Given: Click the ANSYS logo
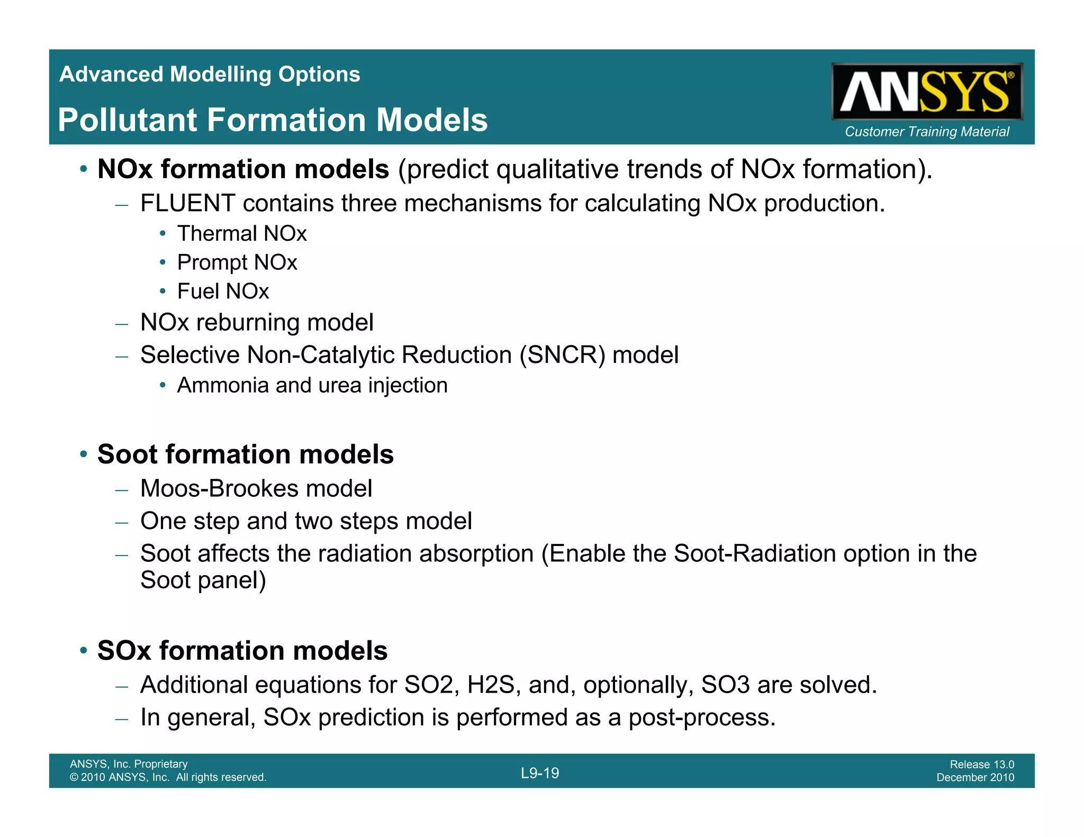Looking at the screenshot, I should pyautogui.click(x=926, y=92).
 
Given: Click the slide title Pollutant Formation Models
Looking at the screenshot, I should pyautogui.click(x=273, y=120).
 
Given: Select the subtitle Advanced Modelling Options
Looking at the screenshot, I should pyautogui.click(x=210, y=74).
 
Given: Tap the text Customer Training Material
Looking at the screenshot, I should pyautogui.click(x=926, y=131).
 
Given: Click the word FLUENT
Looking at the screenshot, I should pyautogui.click(x=187, y=203).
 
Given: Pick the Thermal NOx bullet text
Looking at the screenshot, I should pyautogui.click(x=242, y=233).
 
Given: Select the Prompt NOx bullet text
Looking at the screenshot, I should pyautogui.click(x=237, y=262).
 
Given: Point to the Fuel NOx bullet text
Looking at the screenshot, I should pyautogui.click(x=223, y=292).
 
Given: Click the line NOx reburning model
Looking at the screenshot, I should pyautogui.click(x=257, y=322).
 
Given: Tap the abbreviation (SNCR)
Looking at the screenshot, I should pyautogui.click(x=562, y=355).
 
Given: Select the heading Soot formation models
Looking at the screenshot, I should pyautogui.click(x=246, y=454).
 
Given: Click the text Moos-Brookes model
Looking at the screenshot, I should pyautogui.click(x=256, y=488).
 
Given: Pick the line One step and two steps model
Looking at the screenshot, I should pyautogui.click(x=306, y=521).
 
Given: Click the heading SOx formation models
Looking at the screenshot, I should pyautogui.click(x=242, y=650).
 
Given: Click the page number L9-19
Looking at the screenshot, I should pyautogui.click(x=540, y=773).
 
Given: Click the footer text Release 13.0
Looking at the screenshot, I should pyautogui.click(x=981, y=764).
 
